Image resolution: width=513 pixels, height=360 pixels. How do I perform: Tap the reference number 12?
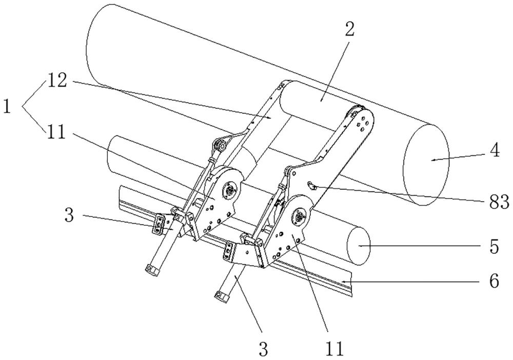(60, 80)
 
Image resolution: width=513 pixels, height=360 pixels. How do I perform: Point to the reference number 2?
(349, 30)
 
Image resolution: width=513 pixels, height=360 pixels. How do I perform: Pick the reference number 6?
(493, 282)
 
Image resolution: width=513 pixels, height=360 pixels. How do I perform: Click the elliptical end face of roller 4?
(426, 165)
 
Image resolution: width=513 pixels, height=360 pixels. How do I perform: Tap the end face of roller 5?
(359, 246)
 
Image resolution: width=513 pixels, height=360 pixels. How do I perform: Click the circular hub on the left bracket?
(230, 191)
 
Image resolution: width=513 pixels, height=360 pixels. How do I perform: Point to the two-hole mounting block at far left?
(159, 223)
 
